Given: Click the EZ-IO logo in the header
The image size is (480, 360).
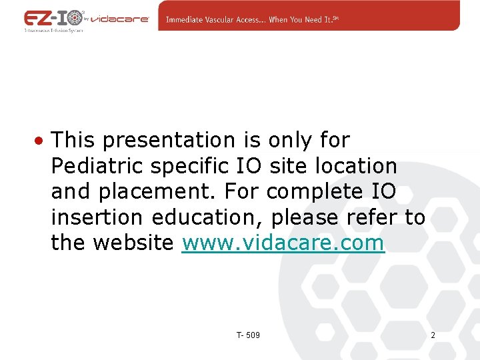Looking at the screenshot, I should [53, 18].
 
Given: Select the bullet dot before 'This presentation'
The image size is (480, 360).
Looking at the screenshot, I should [41, 141].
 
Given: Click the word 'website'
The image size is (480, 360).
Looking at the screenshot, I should [134, 243].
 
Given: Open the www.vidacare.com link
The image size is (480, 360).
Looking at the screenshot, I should [283, 243].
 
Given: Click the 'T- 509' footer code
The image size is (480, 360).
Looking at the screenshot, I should [248, 335].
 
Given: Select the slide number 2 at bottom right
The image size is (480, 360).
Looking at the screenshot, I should [433, 335].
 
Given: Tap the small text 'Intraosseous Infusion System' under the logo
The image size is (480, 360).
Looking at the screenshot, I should [53, 31].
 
